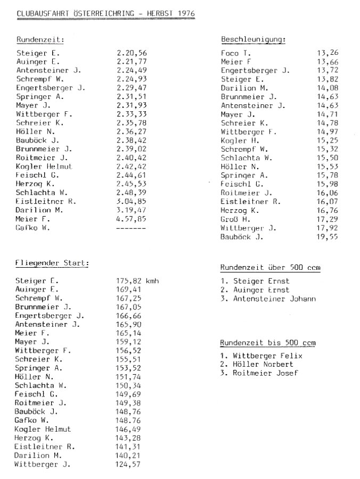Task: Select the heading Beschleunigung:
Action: pyautogui.click(x=253, y=39)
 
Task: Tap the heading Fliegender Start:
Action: pyautogui.click(x=52, y=263)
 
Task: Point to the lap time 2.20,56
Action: pyautogui.click(x=130, y=53)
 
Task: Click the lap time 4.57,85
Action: pyautogui.click(x=130, y=218)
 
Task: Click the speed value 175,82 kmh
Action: pyautogui.click(x=137, y=281)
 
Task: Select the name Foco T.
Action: pyautogui.click(x=236, y=53)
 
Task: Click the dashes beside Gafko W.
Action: pyautogui.click(x=130, y=228)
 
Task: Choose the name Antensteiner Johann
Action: pyautogui.click(x=275, y=299)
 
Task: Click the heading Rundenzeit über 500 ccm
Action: pyautogui.click(x=270, y=268)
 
